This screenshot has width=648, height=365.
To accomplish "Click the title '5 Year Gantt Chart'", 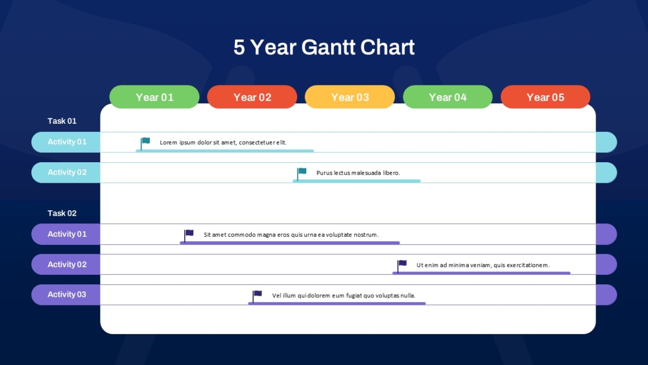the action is pos(324,47).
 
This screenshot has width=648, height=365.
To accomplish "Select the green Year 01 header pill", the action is pos(154,97).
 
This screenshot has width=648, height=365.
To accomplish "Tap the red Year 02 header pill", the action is pos(252,97).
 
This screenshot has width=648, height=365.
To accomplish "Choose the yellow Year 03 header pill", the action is pos(350,97).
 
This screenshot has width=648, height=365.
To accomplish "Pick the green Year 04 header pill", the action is pos(448,97).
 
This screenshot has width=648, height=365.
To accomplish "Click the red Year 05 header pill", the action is pos(545,97).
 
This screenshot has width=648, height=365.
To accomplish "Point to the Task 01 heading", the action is pos(62,121).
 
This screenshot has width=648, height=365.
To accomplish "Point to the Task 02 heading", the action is pos(62,213).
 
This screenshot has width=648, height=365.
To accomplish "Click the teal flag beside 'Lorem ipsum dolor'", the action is pos(145,144).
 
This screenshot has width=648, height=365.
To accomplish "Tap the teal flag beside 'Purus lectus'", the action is pos(302,174).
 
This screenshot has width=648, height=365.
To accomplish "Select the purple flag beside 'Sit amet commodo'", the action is pos(189,236).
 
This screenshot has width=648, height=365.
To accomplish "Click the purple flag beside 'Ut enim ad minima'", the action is pos(402,266).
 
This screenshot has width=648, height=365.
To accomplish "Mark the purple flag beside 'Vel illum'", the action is pos(257,297).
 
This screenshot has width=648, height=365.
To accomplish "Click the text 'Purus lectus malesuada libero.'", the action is pos(358,173).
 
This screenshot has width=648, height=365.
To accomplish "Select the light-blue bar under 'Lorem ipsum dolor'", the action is pos(225,151).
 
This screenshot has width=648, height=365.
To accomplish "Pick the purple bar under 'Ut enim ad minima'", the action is pos(481,273).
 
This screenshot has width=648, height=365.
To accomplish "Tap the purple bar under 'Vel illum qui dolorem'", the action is pos(337,303).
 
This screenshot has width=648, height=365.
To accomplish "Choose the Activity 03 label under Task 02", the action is pos(67,294).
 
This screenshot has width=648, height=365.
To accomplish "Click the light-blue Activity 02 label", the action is pos(67,172).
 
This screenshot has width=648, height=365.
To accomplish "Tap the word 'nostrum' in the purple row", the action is pos(366,235).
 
